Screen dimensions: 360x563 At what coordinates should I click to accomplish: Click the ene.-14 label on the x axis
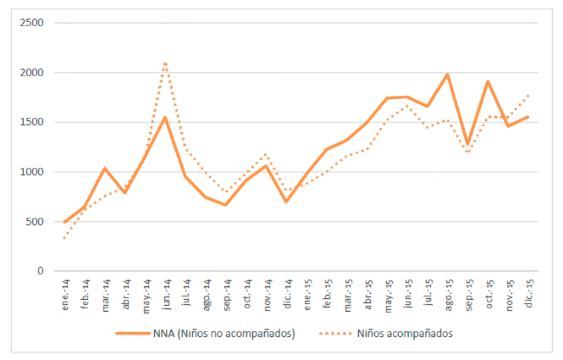click(65, 293)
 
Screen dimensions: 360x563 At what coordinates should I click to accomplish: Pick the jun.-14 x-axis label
click(166, 293)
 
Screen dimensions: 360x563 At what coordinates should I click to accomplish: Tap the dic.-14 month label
click(287, 293)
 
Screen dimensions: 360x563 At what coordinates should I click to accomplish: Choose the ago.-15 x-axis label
click(448, 293)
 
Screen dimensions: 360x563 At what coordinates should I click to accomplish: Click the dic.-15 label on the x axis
click(528, 293)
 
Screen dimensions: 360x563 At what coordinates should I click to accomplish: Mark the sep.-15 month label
click(468, 293)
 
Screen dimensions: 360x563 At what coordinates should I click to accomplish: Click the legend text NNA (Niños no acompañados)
click(237, 333)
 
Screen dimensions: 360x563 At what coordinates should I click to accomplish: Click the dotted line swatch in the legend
click(335, 333)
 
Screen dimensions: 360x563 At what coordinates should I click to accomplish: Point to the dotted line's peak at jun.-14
click(165, 62)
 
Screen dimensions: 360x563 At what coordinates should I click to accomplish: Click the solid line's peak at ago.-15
click(448, 74)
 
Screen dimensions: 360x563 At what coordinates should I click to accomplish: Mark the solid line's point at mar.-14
click(105, 168)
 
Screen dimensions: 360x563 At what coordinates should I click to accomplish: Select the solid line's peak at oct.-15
click(488, 82)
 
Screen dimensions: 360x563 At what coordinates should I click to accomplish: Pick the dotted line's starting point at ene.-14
click(64, 238)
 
